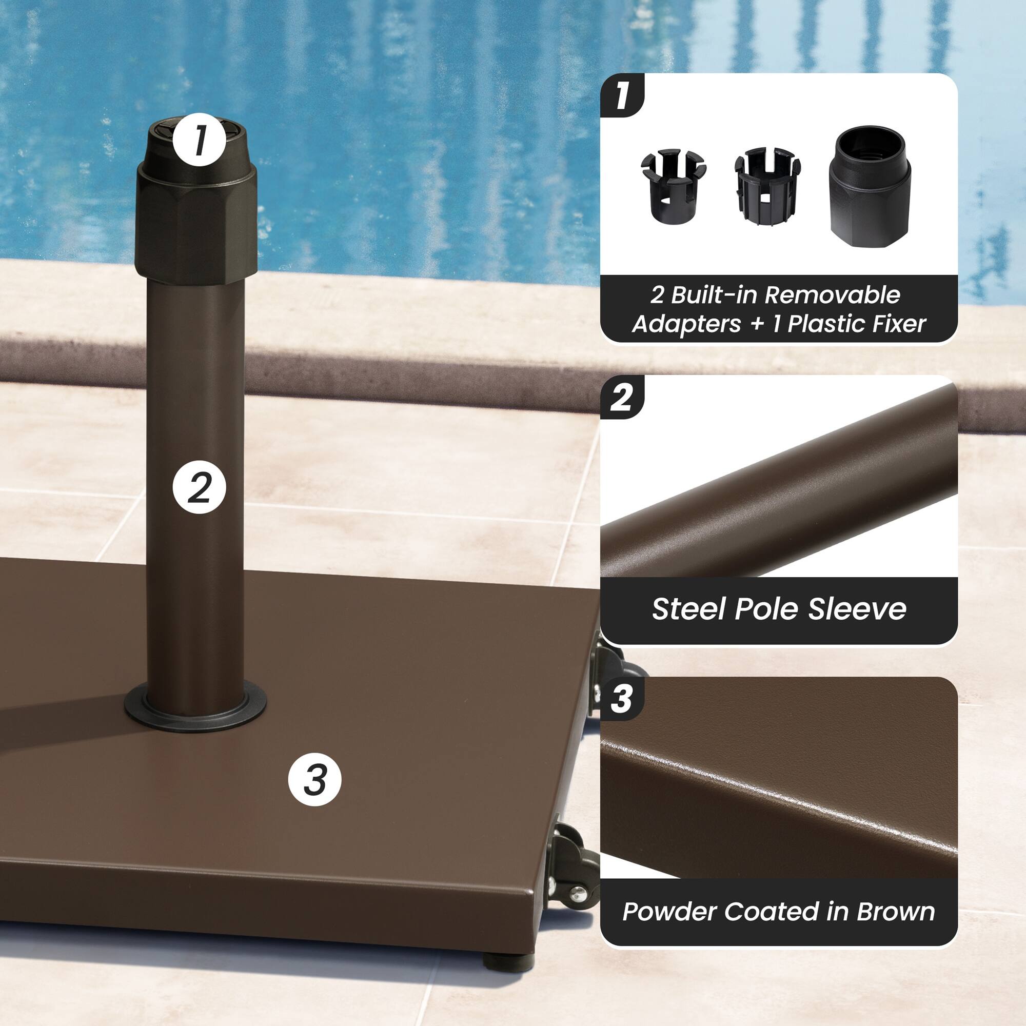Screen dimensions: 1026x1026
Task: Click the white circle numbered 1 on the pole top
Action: pos(199,140)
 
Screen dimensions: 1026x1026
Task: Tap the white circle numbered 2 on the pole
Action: pos(199,487)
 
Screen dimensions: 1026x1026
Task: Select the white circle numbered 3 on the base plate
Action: pos(314,780)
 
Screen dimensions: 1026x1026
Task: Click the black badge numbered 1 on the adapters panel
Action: pos(621,95)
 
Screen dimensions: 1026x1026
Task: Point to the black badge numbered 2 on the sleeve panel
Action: pos(621,397)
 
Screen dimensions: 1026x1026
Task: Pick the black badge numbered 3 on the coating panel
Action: pos(621,699)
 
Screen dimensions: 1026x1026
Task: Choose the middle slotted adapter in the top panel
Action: pos(766,186)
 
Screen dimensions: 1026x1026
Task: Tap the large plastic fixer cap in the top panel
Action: pos(870,186)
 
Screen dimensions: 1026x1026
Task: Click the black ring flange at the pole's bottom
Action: pos(195,712)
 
